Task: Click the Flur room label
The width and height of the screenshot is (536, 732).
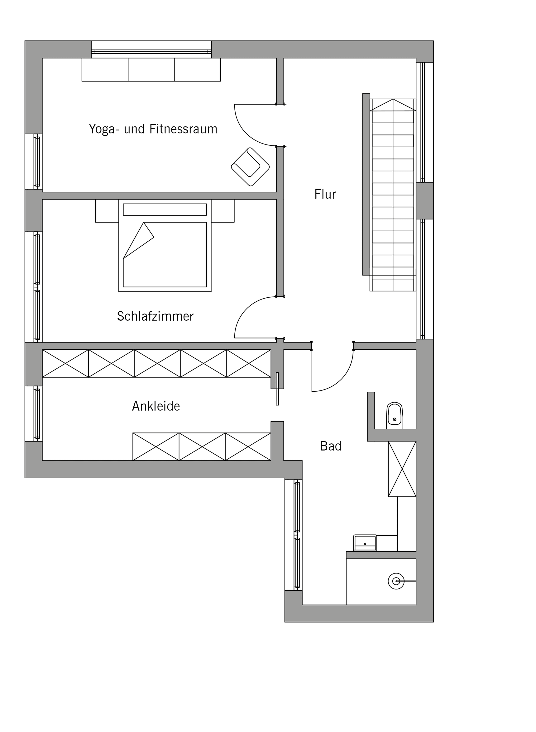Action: (x=325, y=195)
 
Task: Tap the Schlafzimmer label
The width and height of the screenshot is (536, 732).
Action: (x=155, y=316)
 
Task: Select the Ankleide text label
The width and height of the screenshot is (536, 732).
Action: (x=156, y=406)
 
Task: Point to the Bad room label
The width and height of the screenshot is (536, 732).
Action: (x=331, y=446)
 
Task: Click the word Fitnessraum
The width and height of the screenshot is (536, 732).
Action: (x=183, y=129)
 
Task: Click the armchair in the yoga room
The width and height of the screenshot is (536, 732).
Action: (x=250, y=167)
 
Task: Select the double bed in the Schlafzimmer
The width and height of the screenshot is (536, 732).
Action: (x=165, y=245)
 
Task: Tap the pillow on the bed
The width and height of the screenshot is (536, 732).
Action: (x=165, y=210)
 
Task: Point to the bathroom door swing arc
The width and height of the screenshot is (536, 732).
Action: (x=341, y=380)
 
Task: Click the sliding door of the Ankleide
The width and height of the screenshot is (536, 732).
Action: (x=277, y=389)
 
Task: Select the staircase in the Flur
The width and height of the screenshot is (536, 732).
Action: (x=393, y=195)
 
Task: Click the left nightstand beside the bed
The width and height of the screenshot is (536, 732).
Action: (x=107, y=211)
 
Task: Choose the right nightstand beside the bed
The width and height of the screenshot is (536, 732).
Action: (x=223, y=211)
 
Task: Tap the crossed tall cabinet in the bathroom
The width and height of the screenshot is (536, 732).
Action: (x=402, y=469)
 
